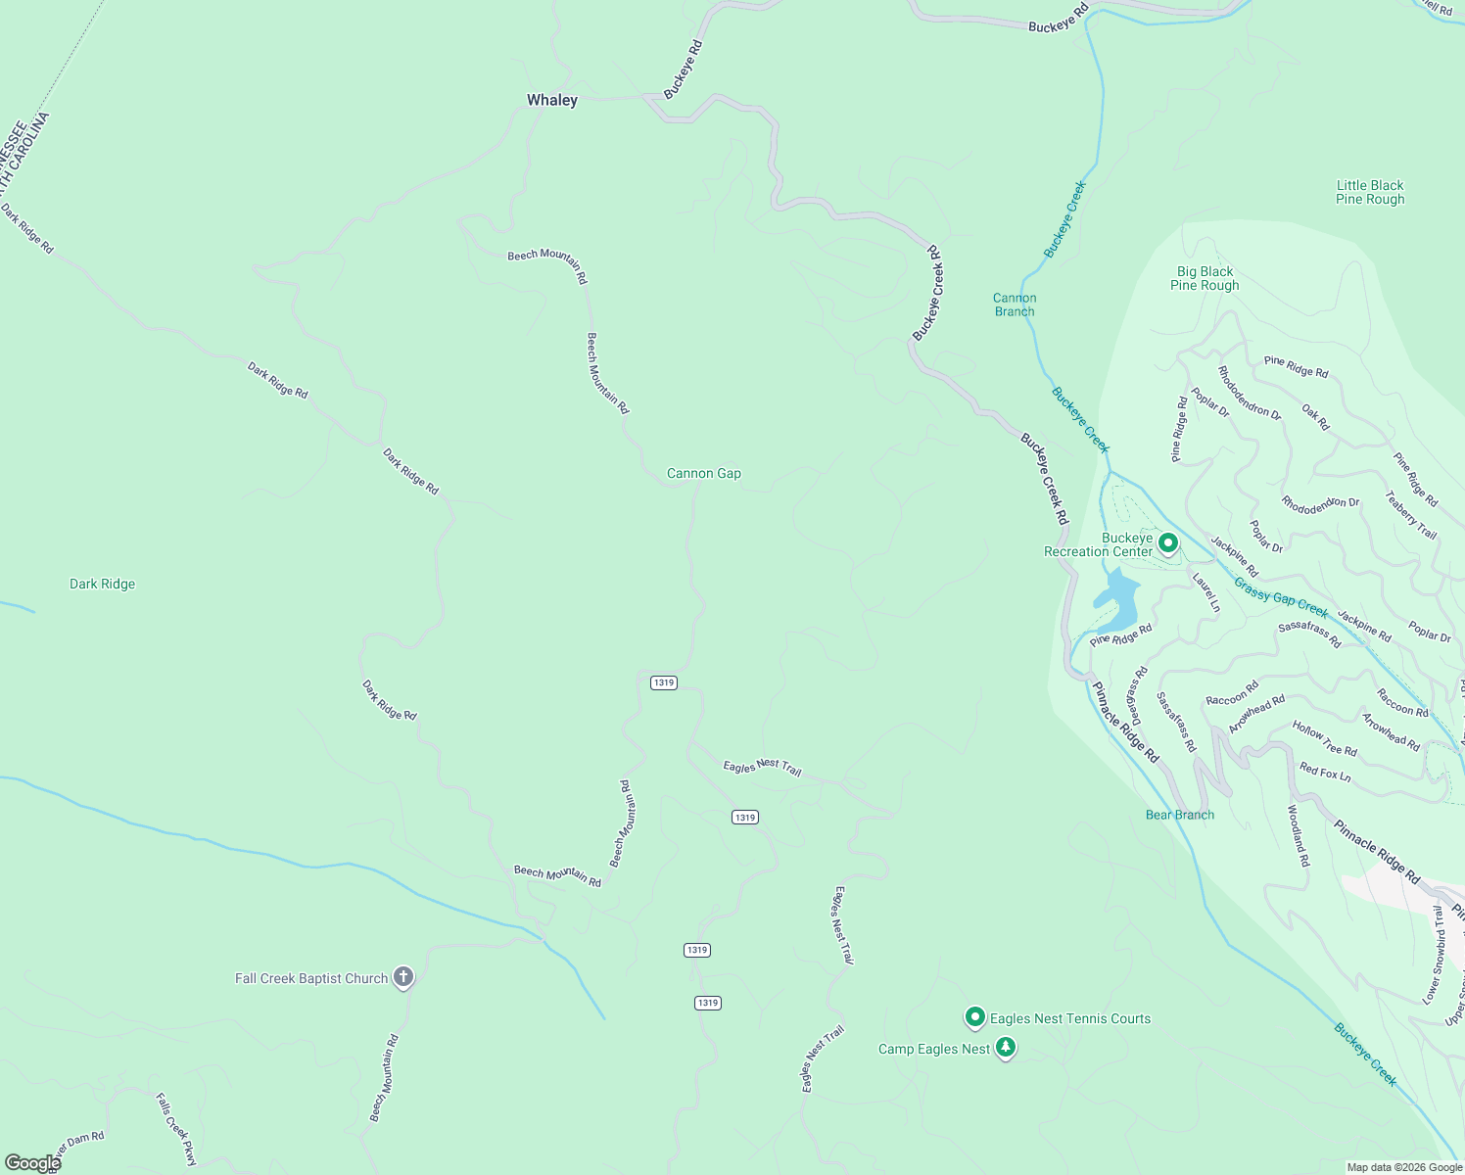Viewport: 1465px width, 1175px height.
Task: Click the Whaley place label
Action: [552, 100]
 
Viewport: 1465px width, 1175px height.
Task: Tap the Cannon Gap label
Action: [703, 473]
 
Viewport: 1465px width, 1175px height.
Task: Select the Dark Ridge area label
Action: [102, 584]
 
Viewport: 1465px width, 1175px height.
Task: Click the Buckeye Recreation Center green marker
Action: [1167, 542]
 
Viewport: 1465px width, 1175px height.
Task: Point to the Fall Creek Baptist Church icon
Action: [402, 977]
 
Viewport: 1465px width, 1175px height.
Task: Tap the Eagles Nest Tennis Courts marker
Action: [974, 1017]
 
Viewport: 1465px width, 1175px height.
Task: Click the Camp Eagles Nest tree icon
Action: [1005, 1049]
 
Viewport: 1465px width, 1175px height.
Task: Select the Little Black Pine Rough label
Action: [1369, 192]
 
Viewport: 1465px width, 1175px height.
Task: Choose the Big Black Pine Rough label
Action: [1205, 278]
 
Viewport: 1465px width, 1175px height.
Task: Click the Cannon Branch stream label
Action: [1014, 305]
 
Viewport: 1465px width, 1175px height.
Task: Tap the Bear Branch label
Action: [1179, 815]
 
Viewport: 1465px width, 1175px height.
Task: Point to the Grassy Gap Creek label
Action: [1280, 596]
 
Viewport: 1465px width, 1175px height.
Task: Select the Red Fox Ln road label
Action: [1324, 773]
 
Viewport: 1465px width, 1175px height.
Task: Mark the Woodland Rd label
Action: [1298, 836]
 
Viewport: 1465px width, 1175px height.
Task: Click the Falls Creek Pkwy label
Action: [176, 1129]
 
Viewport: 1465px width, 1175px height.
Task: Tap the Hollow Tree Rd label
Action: [1324, 737]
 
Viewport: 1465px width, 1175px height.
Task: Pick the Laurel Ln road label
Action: [1205, 592]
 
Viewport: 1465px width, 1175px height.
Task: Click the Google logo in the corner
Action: [32, 1163]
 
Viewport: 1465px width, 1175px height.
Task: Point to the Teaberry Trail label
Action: [1410, 515]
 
